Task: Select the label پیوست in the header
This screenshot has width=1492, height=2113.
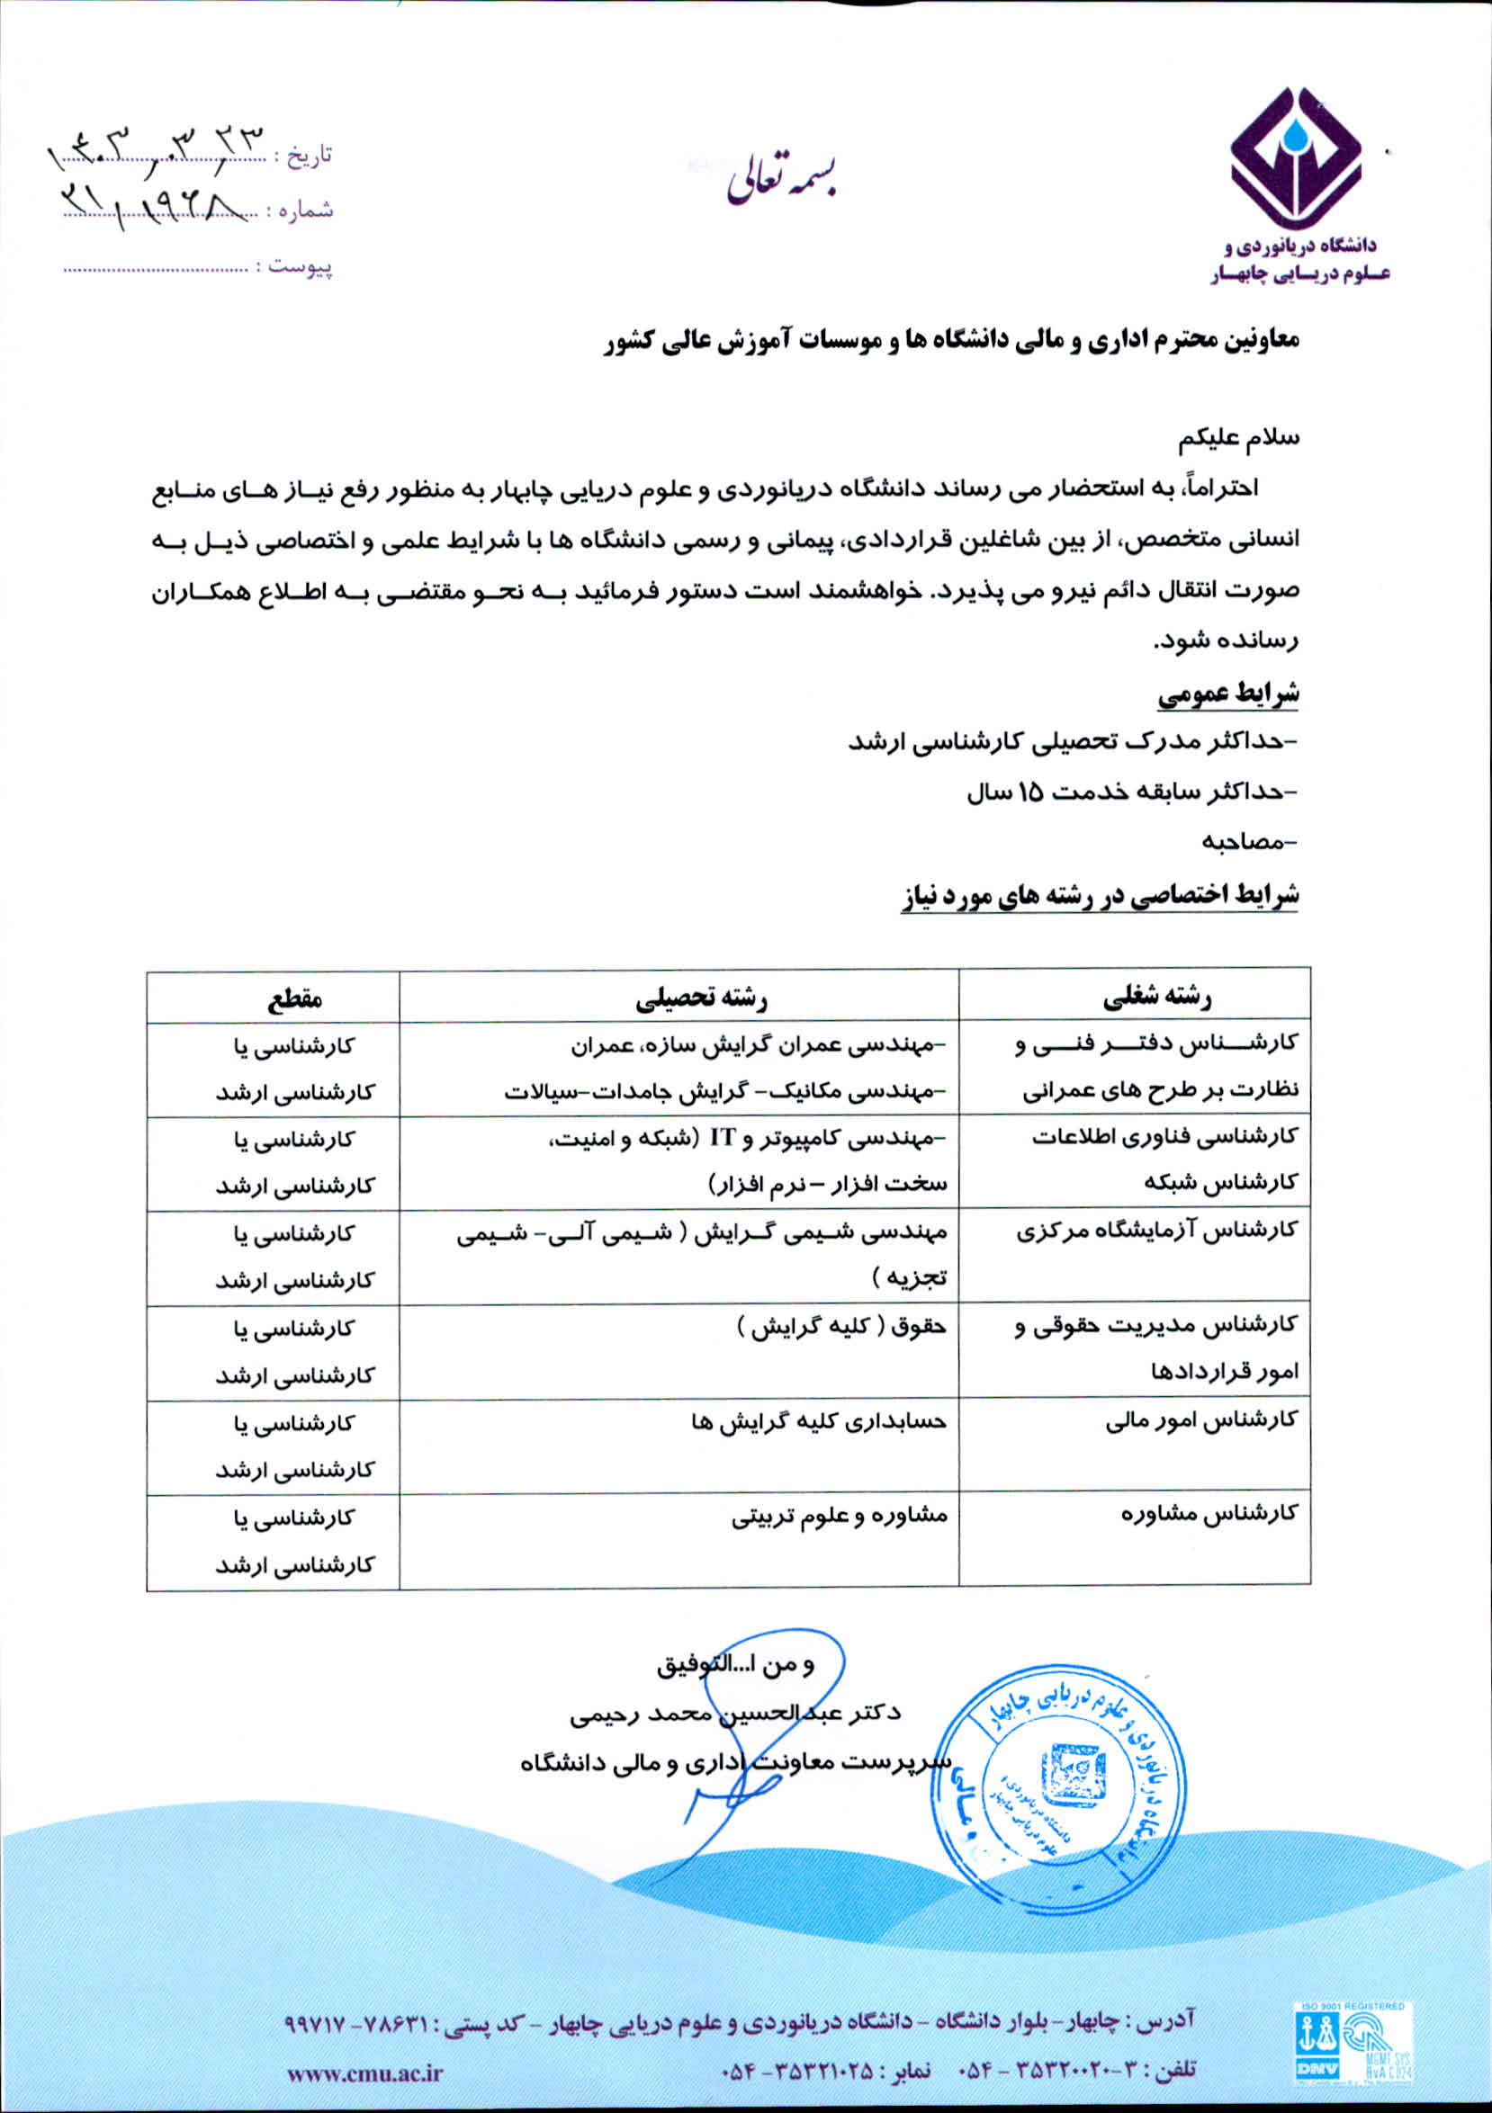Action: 301,268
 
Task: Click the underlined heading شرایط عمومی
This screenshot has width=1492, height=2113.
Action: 1227,694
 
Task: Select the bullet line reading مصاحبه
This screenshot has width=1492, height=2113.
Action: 1247,841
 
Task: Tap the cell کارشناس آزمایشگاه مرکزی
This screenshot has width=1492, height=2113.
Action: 1156,1231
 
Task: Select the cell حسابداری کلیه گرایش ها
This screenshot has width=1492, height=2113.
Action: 818,1423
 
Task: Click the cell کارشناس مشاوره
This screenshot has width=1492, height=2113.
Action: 1209,1515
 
